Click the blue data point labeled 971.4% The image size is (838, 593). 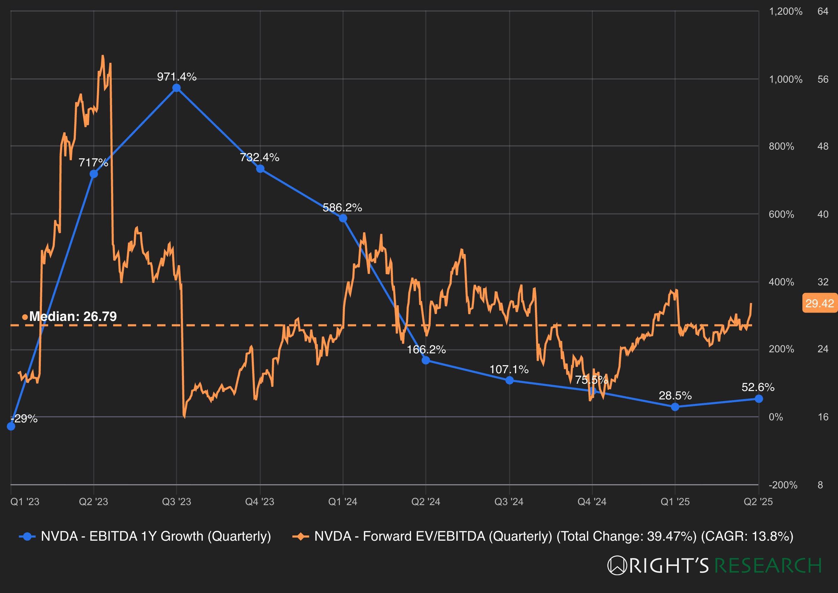[x=177, y=88]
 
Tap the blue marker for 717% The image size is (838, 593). [x=94, y=174]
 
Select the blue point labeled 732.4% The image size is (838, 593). [x=260, y=169]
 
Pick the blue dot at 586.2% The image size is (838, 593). [x=343, y=218]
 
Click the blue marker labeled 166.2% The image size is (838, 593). [x=426, y=360]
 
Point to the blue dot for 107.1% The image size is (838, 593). [x=509, y=381]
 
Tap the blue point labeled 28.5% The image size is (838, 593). [x=675, y=407]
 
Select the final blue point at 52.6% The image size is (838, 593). [x=759, y=399]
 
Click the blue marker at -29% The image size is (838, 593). [x=11, y=427]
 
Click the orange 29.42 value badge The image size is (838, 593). [x=819, y=303]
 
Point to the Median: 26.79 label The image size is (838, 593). [x=73, y=316]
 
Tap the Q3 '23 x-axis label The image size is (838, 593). [x=177, y=501]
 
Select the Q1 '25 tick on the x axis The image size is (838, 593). [x=675, y=501]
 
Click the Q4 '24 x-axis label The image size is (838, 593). [x=592, y=501]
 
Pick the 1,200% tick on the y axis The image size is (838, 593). [x=785, y=11]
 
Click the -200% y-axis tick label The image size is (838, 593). [x=783, y=485]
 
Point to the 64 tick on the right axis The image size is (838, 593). [x=823, y=11]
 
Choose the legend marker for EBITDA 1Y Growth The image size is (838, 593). [x=27, y=536]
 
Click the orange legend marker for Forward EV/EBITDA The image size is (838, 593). [x=300, y=536]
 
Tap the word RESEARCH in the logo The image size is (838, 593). [x=768, y=565]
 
